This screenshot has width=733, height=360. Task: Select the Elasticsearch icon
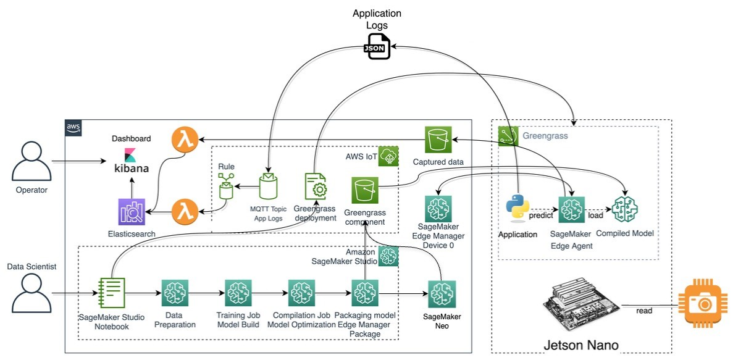coord(130,212)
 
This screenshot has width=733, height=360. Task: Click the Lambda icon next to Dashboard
coord(185,140)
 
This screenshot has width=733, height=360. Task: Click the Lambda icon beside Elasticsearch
coord(185,212)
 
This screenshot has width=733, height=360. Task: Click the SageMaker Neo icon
coord(442,294)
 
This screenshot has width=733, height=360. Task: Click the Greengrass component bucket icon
coord(365,190)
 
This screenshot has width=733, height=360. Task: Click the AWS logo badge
coord(73,127)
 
